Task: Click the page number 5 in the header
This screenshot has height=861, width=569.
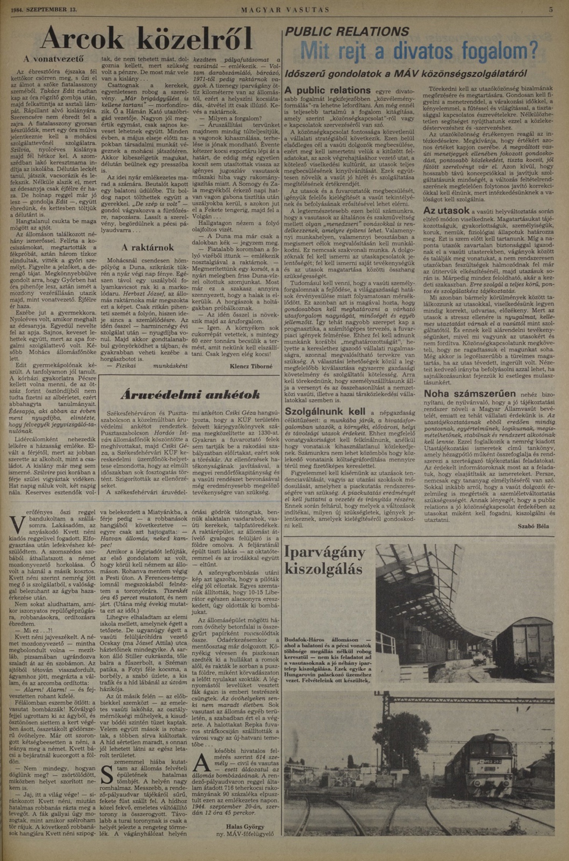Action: [x=550, y=10]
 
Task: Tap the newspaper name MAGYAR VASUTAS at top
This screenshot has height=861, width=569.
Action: [x=285, y=10]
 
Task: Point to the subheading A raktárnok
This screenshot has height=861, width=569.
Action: [x=148, y=248]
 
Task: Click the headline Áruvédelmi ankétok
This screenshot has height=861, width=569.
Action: [x=190, y=394]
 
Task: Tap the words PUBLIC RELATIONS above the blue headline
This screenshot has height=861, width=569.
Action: [x=347, y=32]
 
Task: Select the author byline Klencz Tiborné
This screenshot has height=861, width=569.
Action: [x=251, y=366]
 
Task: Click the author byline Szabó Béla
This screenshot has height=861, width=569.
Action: [x=533, y=526]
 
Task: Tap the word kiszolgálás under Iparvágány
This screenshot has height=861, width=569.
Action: [x=323, y=569]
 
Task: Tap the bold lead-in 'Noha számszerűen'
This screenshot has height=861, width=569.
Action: [x=469, y=394]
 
